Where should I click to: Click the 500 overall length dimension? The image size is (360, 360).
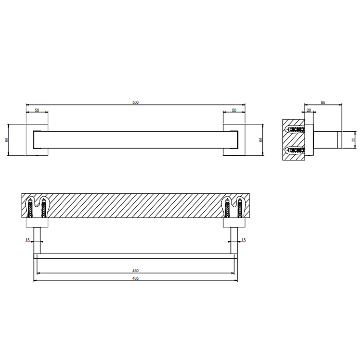(135, 102)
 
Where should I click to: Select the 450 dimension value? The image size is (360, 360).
(135, 271)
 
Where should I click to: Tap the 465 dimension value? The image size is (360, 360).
(135, 279)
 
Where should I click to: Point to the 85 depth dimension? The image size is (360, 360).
(323, 102)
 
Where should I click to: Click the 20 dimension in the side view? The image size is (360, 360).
(309, 110)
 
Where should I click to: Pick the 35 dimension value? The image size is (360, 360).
(354, 139)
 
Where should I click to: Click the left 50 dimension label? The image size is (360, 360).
(37, 110)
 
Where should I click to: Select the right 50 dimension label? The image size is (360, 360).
(234, 110)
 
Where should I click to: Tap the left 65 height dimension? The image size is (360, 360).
(7, 139)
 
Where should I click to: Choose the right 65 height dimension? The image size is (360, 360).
(261, 139)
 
